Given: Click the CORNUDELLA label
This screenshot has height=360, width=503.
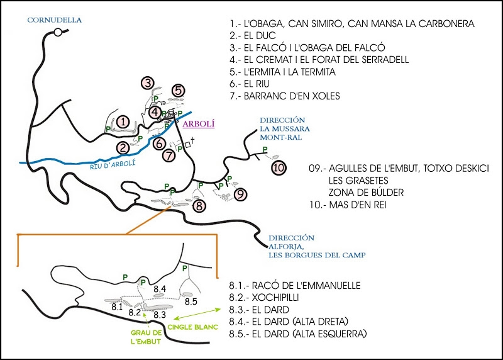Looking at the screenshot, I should click(x=55, y=20).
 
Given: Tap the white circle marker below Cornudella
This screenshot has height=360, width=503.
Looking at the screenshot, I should click(x=58, y=31).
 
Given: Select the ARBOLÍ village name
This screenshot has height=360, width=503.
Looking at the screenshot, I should click(x=198, y=124).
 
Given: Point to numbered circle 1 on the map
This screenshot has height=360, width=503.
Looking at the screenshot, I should click(x=124, y=121).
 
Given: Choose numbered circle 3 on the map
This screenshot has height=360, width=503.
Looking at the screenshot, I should click(x=148, y=83).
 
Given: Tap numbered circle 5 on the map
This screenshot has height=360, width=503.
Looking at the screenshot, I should click(x=179, y=91).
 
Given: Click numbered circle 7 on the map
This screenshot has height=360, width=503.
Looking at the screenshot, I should click(x=168, y=155).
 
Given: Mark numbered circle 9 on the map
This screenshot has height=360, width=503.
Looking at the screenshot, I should click(x=240, y=194).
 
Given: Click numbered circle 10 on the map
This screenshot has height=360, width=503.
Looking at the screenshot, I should click(x=279, y=167).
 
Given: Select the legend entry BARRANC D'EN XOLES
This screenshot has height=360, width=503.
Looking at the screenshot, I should click(x=285, y=96).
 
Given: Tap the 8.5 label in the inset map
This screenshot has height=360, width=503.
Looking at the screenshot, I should click(x=191, y=301).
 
